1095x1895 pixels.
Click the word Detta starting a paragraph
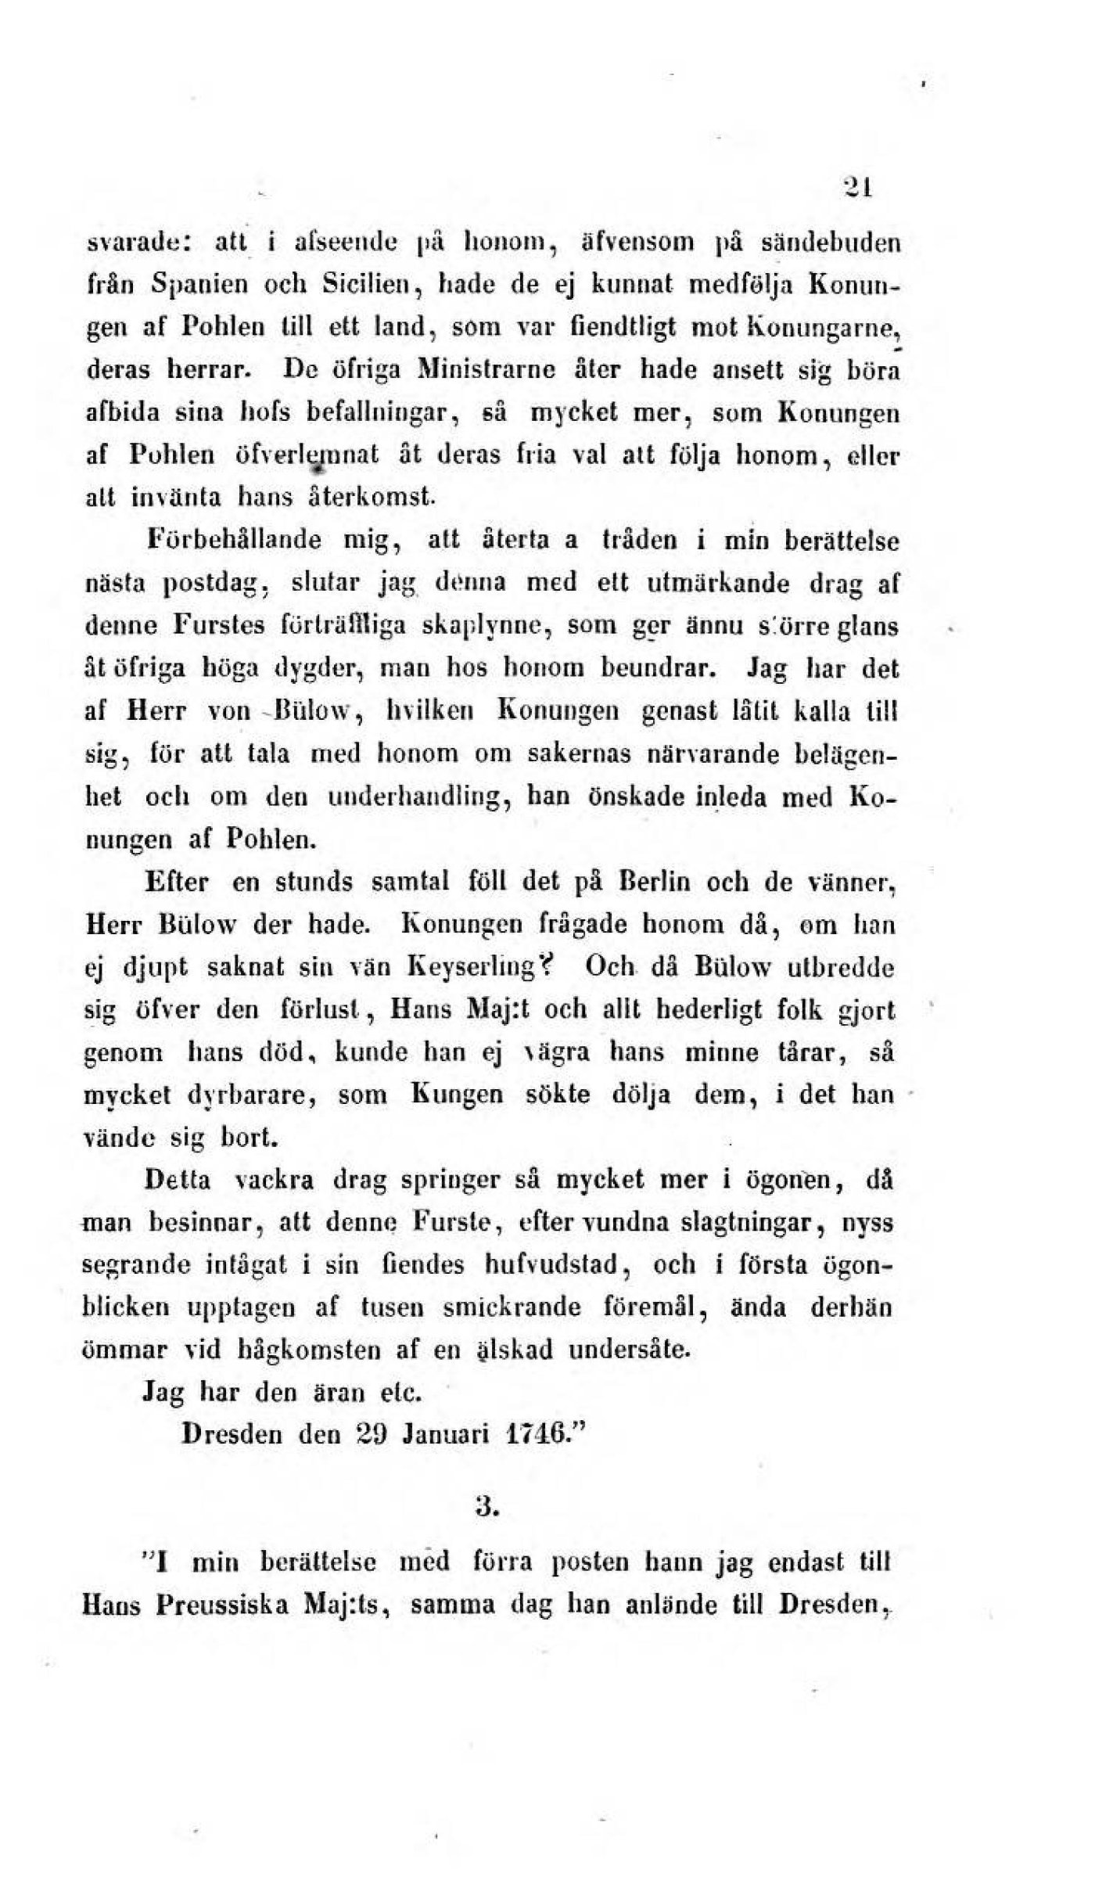[178, 1181]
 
